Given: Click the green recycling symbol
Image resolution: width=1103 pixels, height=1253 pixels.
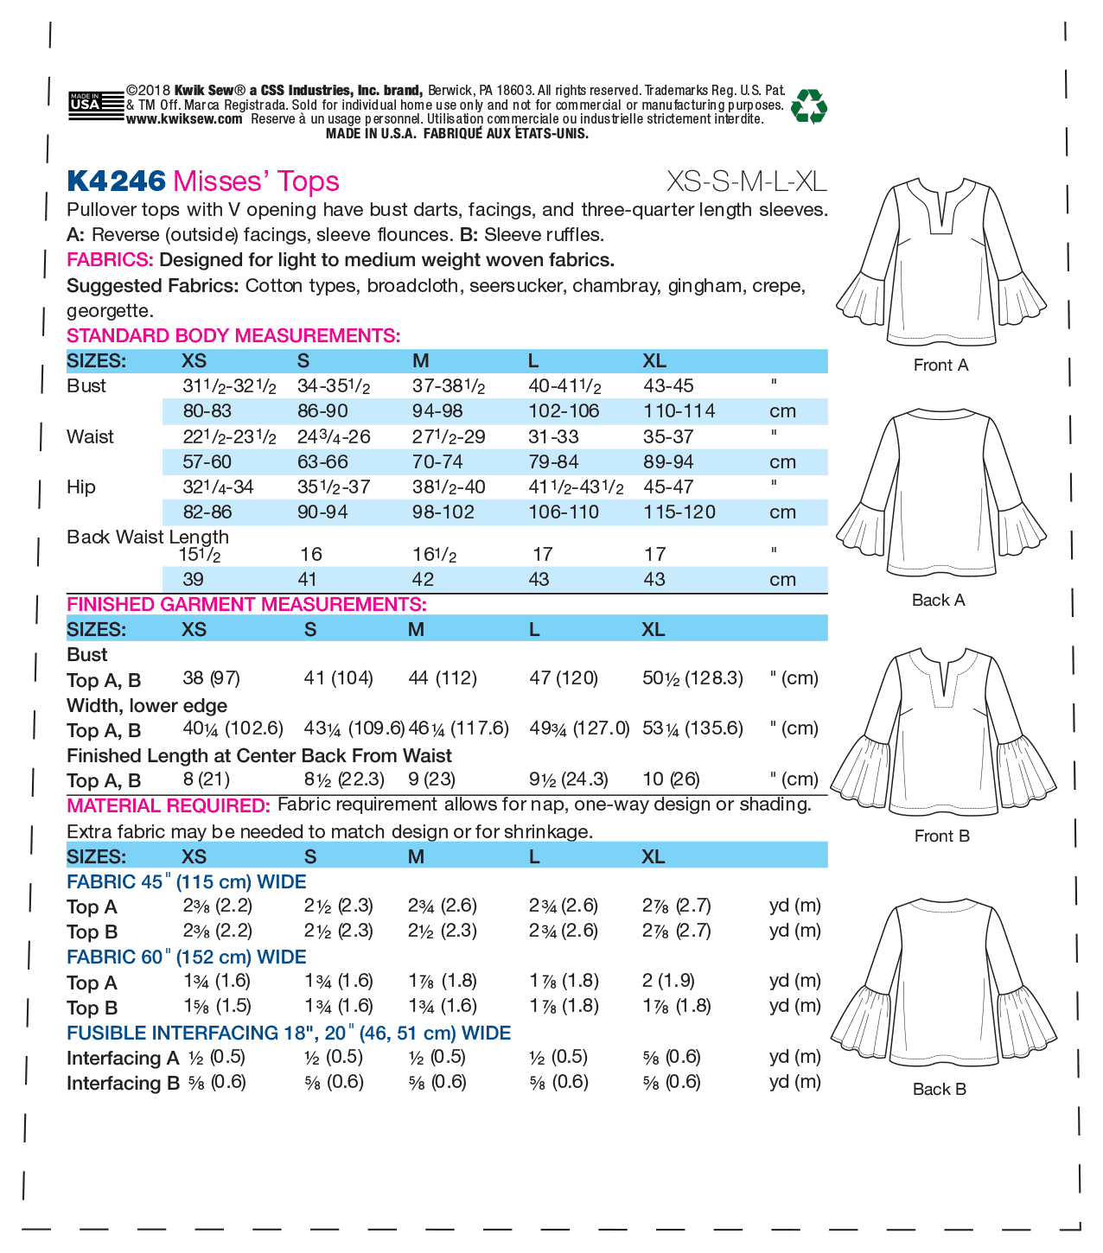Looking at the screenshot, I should coord(809,105).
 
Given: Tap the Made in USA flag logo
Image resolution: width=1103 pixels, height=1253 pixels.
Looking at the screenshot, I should coord(86,104).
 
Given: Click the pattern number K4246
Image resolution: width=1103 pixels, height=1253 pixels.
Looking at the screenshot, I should coord(116,181).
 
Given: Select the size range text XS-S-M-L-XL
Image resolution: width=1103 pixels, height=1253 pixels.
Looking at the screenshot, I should coord(746,181).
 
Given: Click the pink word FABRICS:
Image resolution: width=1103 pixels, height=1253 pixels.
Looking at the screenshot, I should coord(110,260).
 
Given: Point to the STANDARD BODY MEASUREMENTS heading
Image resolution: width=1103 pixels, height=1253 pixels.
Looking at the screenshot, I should coord(233,335).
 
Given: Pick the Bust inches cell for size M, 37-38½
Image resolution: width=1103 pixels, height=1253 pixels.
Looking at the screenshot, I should coord(448,386).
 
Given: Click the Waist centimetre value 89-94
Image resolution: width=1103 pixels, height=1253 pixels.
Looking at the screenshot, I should coord(668,462).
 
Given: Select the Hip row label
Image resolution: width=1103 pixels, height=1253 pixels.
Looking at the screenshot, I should coord(81,487).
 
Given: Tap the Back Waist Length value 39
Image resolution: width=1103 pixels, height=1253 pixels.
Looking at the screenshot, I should coord(193,579).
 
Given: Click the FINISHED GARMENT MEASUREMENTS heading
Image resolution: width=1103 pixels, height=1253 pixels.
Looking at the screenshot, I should coord(246,604).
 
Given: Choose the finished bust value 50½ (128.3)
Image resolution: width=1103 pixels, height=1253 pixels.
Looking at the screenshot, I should coord(692,678).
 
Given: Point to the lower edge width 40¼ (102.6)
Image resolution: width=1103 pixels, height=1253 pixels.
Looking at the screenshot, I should coord(233,728).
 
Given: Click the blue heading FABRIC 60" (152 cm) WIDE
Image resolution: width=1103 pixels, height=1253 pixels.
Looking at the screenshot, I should coord(186,957).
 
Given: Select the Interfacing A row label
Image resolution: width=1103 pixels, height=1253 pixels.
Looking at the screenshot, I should coord(123,1059).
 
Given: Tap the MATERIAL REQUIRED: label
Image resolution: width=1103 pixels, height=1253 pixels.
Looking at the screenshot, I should coord(169,805).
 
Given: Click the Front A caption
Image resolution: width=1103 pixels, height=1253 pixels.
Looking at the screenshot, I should coord(940,366).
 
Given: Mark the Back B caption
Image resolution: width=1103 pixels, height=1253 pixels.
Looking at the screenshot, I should coord(939,1090).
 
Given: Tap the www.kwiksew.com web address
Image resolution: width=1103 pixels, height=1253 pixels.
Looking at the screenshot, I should coord(184,119).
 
